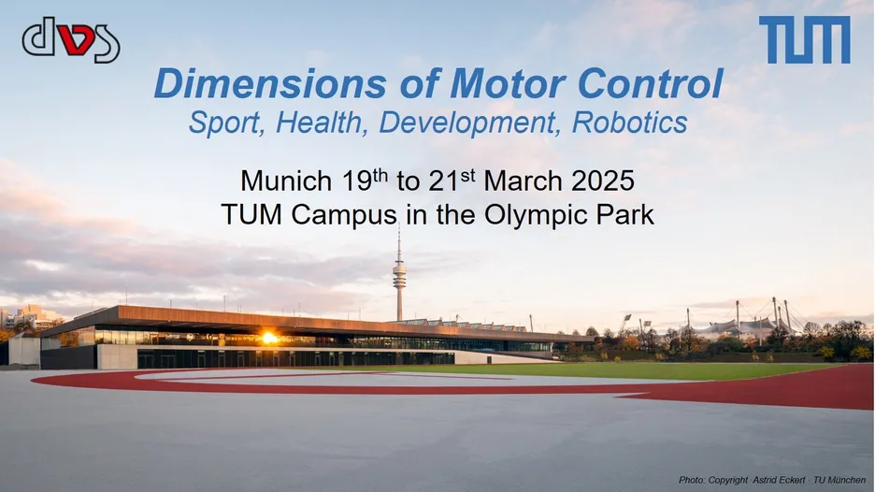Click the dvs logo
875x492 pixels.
click(x=71, y=39)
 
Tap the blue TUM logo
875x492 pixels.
click(x=805, y=39)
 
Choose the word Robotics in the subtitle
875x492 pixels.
click(x=629, y=123)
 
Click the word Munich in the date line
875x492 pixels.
click(x=286, y=181)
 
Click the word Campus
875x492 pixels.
click(x=344, y=215)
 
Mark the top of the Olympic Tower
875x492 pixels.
click(x=399, y=224)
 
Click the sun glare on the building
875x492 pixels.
click(x=269, y=338)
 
